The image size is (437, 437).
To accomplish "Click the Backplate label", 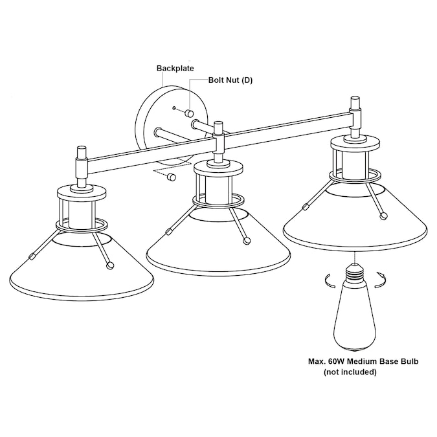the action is [x=175, y=68].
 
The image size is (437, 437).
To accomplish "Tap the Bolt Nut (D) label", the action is [x=230, y=80].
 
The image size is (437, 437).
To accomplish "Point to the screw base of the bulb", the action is [x=353, y=273].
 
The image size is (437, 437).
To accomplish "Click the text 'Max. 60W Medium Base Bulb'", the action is [x=363, y=361].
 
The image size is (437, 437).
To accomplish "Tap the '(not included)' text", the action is [x=350, y=372].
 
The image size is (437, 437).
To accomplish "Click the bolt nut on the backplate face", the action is [x=189, y=113].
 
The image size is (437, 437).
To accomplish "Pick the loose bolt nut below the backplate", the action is [x=171, y=177].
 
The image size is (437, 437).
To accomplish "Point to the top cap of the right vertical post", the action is [x=355, y=103].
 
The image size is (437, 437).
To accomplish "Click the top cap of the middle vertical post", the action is [x=218, y=127].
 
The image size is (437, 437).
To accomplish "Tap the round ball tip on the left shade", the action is [x=110, y=265].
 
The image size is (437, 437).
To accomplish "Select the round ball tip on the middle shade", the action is [x=247, y=241].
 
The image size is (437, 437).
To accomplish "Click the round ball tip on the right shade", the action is [x=384, y=215].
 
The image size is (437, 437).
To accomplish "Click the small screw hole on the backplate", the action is [x=174, y=108].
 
